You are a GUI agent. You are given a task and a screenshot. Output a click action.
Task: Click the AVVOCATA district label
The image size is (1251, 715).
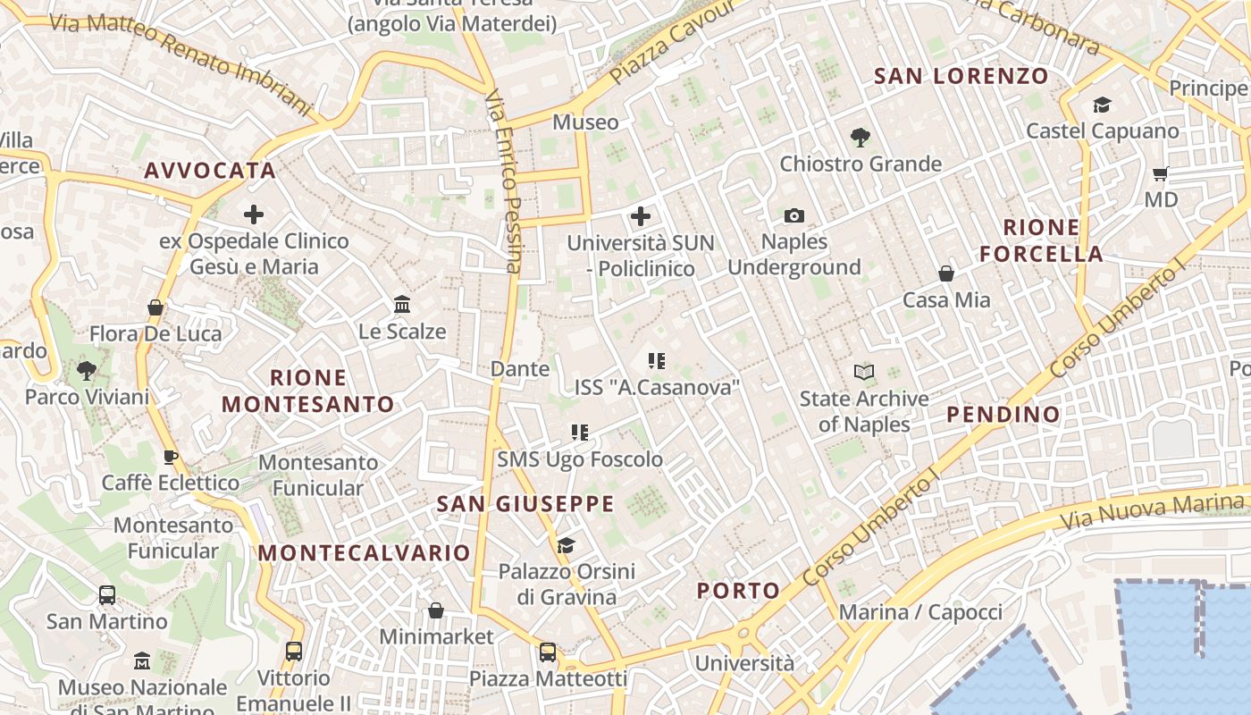point(210,171)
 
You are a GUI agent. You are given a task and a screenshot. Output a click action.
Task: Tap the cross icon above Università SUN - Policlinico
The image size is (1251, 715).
point(641,215)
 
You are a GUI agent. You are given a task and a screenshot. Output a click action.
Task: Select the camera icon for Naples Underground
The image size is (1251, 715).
point(793,215)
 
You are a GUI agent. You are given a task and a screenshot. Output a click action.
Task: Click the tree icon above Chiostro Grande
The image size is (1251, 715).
point(860,138)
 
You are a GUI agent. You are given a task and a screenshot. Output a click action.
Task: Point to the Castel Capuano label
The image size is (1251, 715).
point(1102,130)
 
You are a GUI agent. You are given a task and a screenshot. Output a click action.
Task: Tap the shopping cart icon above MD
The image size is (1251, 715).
point(1160,173)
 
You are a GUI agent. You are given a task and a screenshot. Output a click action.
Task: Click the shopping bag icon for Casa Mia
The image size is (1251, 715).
point(946,273)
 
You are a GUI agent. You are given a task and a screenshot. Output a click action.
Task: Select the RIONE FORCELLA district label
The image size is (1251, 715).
point(1041,240)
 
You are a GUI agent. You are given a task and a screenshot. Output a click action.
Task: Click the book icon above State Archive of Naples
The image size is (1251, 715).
point(864,372)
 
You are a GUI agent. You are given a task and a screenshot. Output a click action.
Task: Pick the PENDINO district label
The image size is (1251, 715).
point(1003,415)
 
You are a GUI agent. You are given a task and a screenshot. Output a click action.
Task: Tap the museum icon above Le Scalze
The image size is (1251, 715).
point(402,305)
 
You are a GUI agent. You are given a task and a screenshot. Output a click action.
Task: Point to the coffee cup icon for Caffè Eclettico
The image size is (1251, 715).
point(171,458)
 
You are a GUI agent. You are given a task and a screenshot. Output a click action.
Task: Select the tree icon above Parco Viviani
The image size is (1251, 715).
point(87,370)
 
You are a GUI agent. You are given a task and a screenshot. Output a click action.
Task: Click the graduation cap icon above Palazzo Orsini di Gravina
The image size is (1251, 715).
point(566,545)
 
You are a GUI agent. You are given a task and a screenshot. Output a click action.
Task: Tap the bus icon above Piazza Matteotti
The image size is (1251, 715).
point(548,652)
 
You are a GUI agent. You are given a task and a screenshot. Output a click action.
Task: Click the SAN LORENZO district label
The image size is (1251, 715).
point(961,77)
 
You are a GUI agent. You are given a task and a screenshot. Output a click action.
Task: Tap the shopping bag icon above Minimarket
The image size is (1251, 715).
point(436,610)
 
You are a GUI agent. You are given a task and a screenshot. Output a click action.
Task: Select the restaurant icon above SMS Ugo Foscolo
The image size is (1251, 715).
point(580,433)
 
